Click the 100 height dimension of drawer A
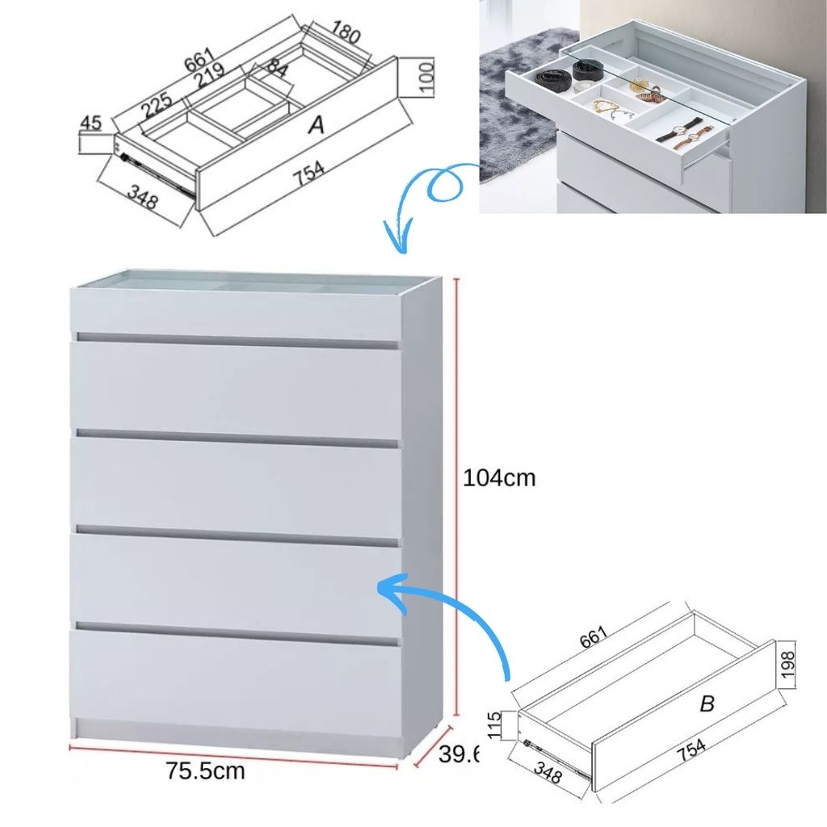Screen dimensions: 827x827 tap(427, 78)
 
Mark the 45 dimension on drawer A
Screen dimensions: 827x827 tap(91, 124)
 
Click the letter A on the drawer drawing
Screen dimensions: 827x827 tap(317, 125)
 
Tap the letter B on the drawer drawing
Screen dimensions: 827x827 tap(707, 704)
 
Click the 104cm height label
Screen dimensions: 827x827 tap(499, 478)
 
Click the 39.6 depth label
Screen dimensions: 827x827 tap(459, 755)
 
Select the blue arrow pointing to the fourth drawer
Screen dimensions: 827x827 tap(452, 614)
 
